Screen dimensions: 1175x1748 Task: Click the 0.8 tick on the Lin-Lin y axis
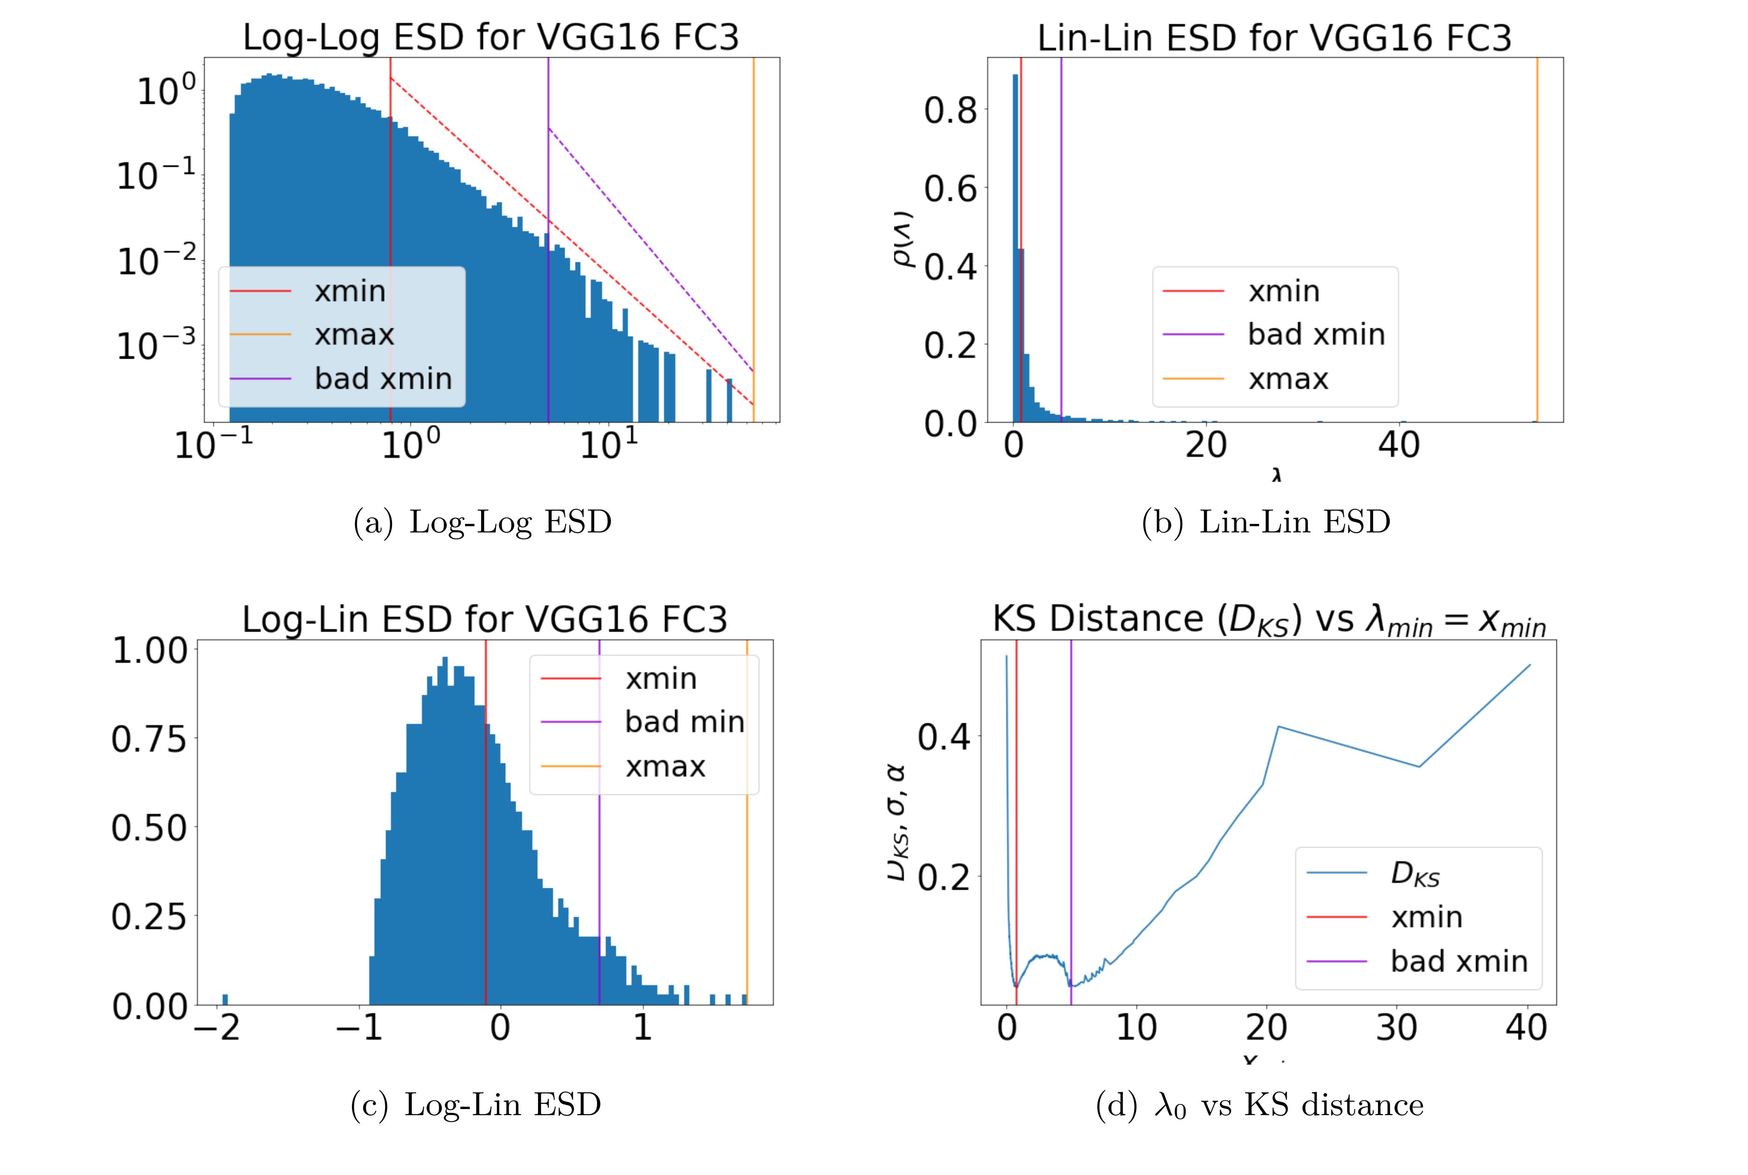coord(950,110)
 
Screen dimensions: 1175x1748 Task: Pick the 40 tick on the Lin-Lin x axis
coord(1398,445)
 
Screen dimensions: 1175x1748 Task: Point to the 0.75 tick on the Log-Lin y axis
coord(148,740)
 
